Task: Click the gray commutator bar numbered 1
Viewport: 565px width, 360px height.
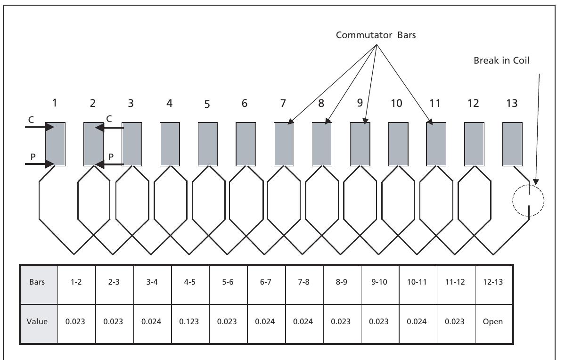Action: click(x=55, y=144)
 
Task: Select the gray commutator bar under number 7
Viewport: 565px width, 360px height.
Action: click(x=284, y=144)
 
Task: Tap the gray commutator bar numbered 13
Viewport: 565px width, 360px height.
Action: click(x=512, y=144)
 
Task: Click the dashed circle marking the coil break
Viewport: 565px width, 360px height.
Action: click(x=528, y=200)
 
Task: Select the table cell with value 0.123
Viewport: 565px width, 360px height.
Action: click(x=190, y=322)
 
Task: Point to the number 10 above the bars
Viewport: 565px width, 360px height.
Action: click(x=397, y=104)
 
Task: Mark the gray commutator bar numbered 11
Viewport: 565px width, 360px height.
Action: click(x=436, y=144)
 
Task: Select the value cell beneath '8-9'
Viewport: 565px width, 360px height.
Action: click(x=342, y=322)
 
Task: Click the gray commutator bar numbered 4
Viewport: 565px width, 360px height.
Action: click(x=170, y=144)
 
